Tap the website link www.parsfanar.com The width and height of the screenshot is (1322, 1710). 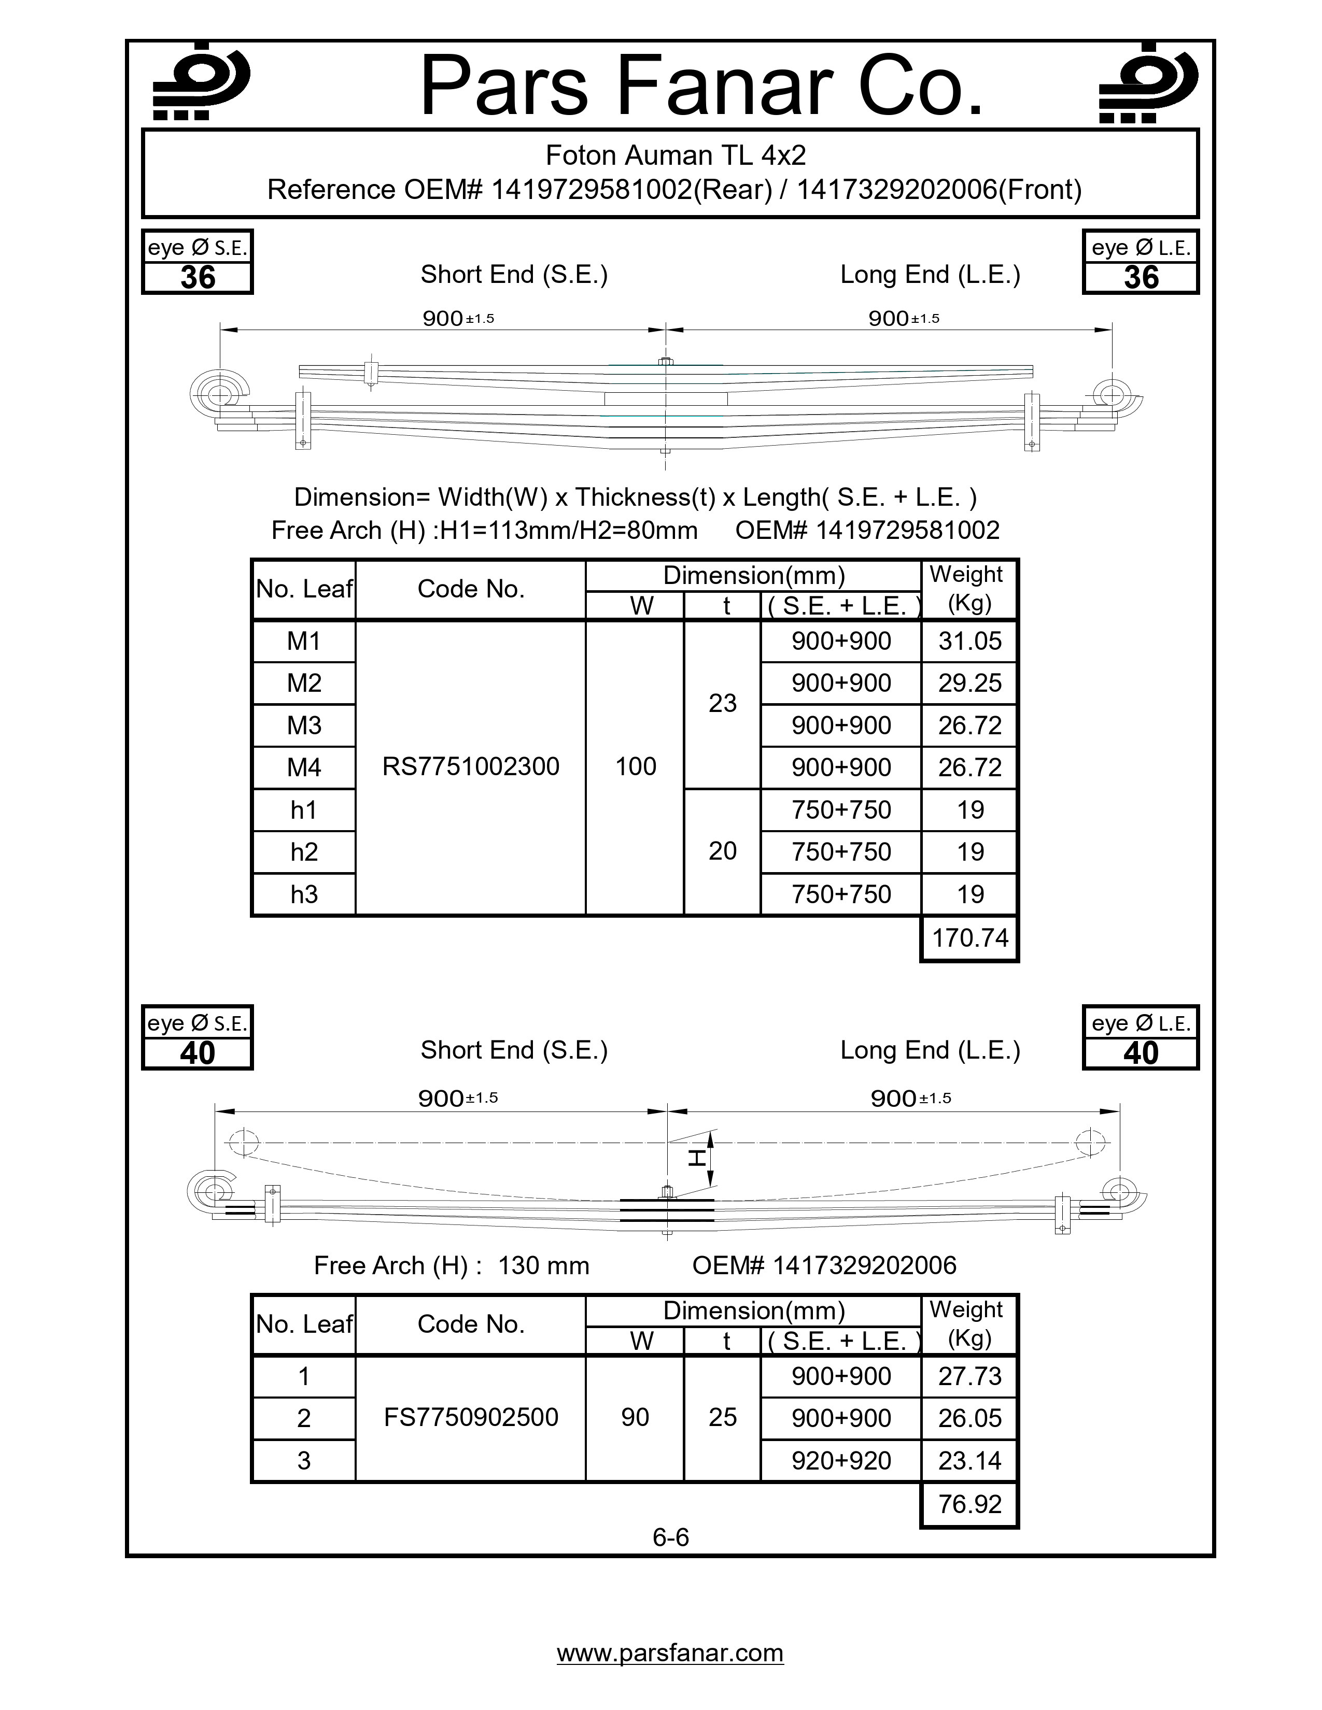[670, 1652]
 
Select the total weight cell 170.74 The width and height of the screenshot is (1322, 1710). [969, 937]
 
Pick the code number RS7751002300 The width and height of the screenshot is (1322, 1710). [471, 766]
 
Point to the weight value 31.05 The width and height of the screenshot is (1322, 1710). [969, 642]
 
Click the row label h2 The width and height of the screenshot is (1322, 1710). [304, 852]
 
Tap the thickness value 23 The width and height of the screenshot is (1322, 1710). [722, 703]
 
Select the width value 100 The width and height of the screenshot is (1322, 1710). [635, 766]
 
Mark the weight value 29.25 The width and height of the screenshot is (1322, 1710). [969, 683]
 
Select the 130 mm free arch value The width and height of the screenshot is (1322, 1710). [543, 1265]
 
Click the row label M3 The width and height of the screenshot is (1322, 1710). [304, 725]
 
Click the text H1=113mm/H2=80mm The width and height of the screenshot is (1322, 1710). [569, 530]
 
